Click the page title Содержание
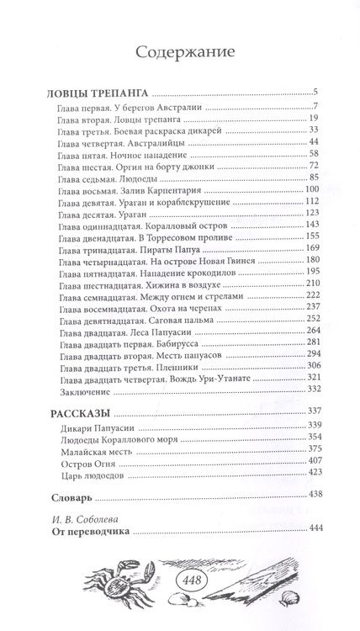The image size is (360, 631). point(180,51)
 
